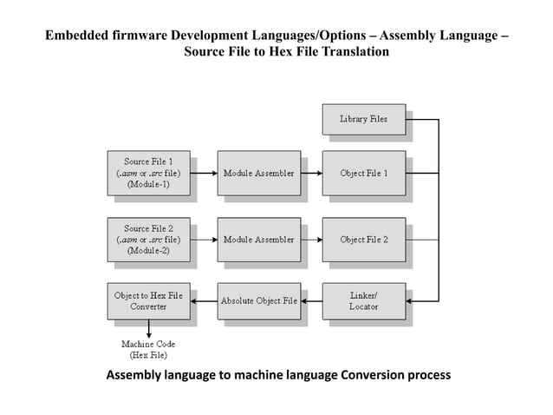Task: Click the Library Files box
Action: pyautogui.click(x=363, y=119)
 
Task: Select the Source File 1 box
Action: pyautogui.click(x=148, y=173)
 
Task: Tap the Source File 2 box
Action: pyautogui.click(x=148, y=239)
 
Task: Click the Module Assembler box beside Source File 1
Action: pyautogui.click(x=258, y=173)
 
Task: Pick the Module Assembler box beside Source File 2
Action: pyautogui.click(x=258, y=239)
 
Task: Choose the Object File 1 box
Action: pyautogui.click(x=363, y=173)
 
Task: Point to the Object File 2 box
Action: pyautogui.click(x=363, y=239)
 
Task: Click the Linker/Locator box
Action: pyautogui.click(x=363, y=300)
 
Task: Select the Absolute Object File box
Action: pyautogui.click(x=258, y=300)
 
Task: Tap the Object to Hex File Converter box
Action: pyautogui.click(x=148, y=300)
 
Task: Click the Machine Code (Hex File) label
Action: pyautogui.click(x=148, y=350)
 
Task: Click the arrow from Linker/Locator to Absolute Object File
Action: pyautogui.click(x=311, y=300)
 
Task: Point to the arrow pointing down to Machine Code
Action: pyautogui.click(x=148, y=329)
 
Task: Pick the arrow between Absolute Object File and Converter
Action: pyautogui.click(x=203, y=300)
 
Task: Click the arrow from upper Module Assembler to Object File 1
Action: pyautogui.click(x=311, y=173)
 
